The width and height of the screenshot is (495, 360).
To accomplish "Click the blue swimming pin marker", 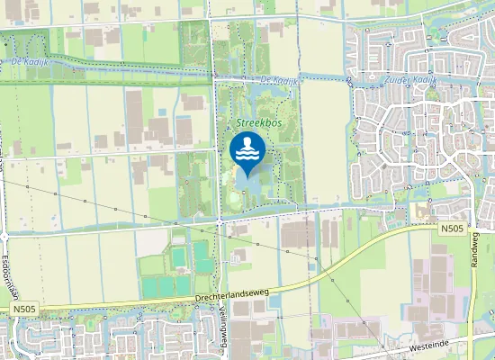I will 247,150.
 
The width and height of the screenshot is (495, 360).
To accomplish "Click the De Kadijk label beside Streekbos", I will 276,81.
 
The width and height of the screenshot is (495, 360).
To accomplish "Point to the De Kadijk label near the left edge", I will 32,61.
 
